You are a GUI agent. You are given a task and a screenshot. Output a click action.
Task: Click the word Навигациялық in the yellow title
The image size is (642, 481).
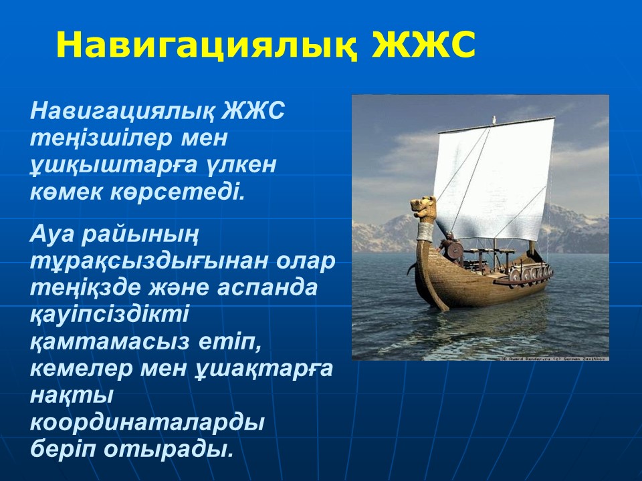(x=207, y=44)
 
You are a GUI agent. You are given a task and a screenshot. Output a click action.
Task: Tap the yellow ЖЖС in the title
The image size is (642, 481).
(x=423, y=43)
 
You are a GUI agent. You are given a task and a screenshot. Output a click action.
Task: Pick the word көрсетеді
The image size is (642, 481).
(x=177, y=192)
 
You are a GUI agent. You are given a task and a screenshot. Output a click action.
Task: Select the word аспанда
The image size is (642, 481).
(x=267, y=287)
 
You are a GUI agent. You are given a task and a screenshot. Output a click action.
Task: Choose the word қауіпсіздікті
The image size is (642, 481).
(x=110, y=315)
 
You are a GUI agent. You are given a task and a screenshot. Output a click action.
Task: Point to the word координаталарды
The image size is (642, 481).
(x=147, y=424)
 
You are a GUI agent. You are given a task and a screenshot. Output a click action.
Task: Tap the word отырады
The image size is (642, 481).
(x=169, y=450)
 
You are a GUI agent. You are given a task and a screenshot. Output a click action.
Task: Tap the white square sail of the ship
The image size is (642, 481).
(x=494, y=179)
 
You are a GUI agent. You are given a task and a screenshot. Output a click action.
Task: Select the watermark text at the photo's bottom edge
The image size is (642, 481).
(x=555, y=359)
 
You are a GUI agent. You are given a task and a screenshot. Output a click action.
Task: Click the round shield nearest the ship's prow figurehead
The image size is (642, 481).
(x=455, y=251)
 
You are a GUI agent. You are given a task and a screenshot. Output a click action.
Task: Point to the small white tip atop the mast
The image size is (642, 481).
(x=494, y=120)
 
